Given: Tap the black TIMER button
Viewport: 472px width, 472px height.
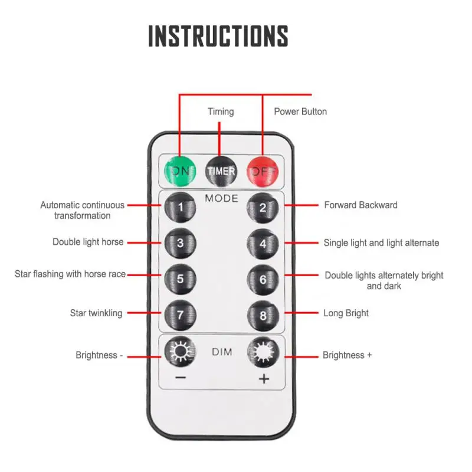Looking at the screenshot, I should tap(221, 171).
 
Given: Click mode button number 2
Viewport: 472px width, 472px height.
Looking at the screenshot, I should tap(263, 206).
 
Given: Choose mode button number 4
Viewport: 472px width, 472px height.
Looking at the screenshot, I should tap(263, 242).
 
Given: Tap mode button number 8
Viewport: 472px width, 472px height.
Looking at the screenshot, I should tap(263, 314).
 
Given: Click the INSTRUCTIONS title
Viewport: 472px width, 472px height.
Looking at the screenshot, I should tap(218, 36).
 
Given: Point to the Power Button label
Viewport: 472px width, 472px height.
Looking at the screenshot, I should tap(300, 112).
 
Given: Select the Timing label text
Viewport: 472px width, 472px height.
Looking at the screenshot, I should tap(221, 112).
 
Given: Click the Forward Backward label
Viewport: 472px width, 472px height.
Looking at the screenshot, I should tap(360, 205).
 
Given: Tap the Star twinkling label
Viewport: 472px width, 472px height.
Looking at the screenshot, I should tap(96, 313).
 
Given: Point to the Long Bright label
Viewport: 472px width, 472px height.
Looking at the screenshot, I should tap(346, 313).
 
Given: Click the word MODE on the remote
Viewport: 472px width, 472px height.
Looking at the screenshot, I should tap(221, 198).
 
